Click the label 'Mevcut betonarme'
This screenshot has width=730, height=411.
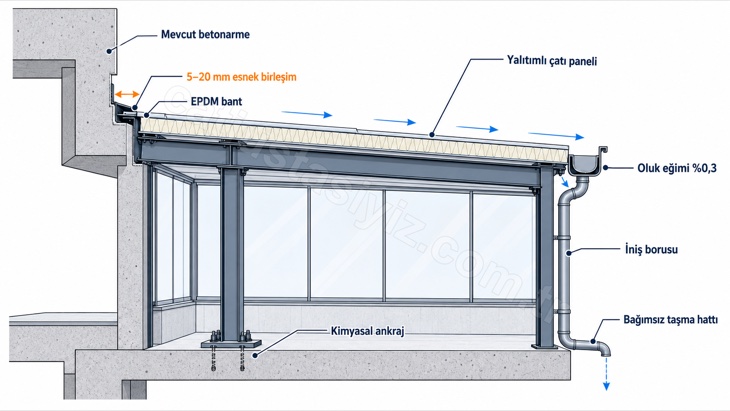pyautogui.click(x=205, y=34)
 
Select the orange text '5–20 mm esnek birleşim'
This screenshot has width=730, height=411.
pyautogui.click(x=241, y=77)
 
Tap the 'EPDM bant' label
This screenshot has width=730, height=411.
pyautogui.click(x=216, y=101)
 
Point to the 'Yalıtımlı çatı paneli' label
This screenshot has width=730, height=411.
pyautogui.click(x=552, y=61)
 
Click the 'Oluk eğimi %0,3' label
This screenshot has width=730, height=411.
pyautogui.click(x=677, y=168)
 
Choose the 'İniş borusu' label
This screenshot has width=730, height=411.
pyautogui.click(x=651, y=249)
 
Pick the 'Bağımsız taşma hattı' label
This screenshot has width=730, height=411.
pyautogui.click(x=670, y=320)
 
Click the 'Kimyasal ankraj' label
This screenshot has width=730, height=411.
pyautogui.click(x=367, y=331)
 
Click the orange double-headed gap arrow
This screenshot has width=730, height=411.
pyautogui.click(x=127, y=94)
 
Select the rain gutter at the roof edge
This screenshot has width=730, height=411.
pyautogui.click(x=588, y=161)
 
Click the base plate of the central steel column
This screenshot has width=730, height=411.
pyautogui.click(x=231, y=344)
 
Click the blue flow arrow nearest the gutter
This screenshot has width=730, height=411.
pyautogui.click(x=556, y=135)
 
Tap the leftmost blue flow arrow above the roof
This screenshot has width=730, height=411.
pyautogui.click(x=307, y=114)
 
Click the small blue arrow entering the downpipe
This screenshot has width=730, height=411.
pyautogui.click(x=564, y=181)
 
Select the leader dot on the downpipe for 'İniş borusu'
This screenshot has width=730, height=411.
pyautogui.click(x=568, y=253)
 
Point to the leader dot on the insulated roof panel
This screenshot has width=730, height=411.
pyautogui.click(x=433, y=135)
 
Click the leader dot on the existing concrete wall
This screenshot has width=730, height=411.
pyautogui.click(x=109, y=51)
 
